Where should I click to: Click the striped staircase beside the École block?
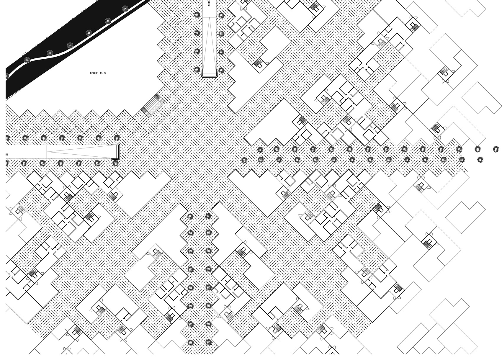click(x=153, y=105)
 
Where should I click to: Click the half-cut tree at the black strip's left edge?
click(x=6, y=76)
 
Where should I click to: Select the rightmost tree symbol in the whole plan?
click(x=496, y=149)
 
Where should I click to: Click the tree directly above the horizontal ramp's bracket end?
click(x=117, y=138)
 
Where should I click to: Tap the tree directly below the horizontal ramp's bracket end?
click(x=115, y=163)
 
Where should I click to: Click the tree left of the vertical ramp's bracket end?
click(x=197, y=70)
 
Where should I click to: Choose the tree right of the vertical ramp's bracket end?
click(x=221, y=70)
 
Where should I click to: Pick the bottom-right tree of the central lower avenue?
click(x=208, y=342)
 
